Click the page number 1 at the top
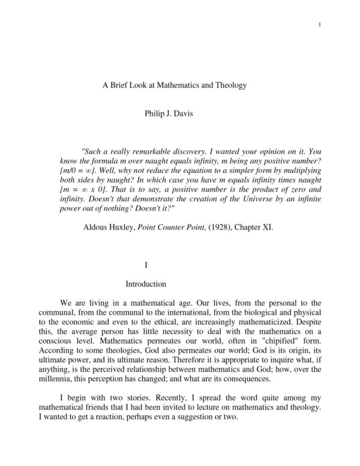coord(322,24)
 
